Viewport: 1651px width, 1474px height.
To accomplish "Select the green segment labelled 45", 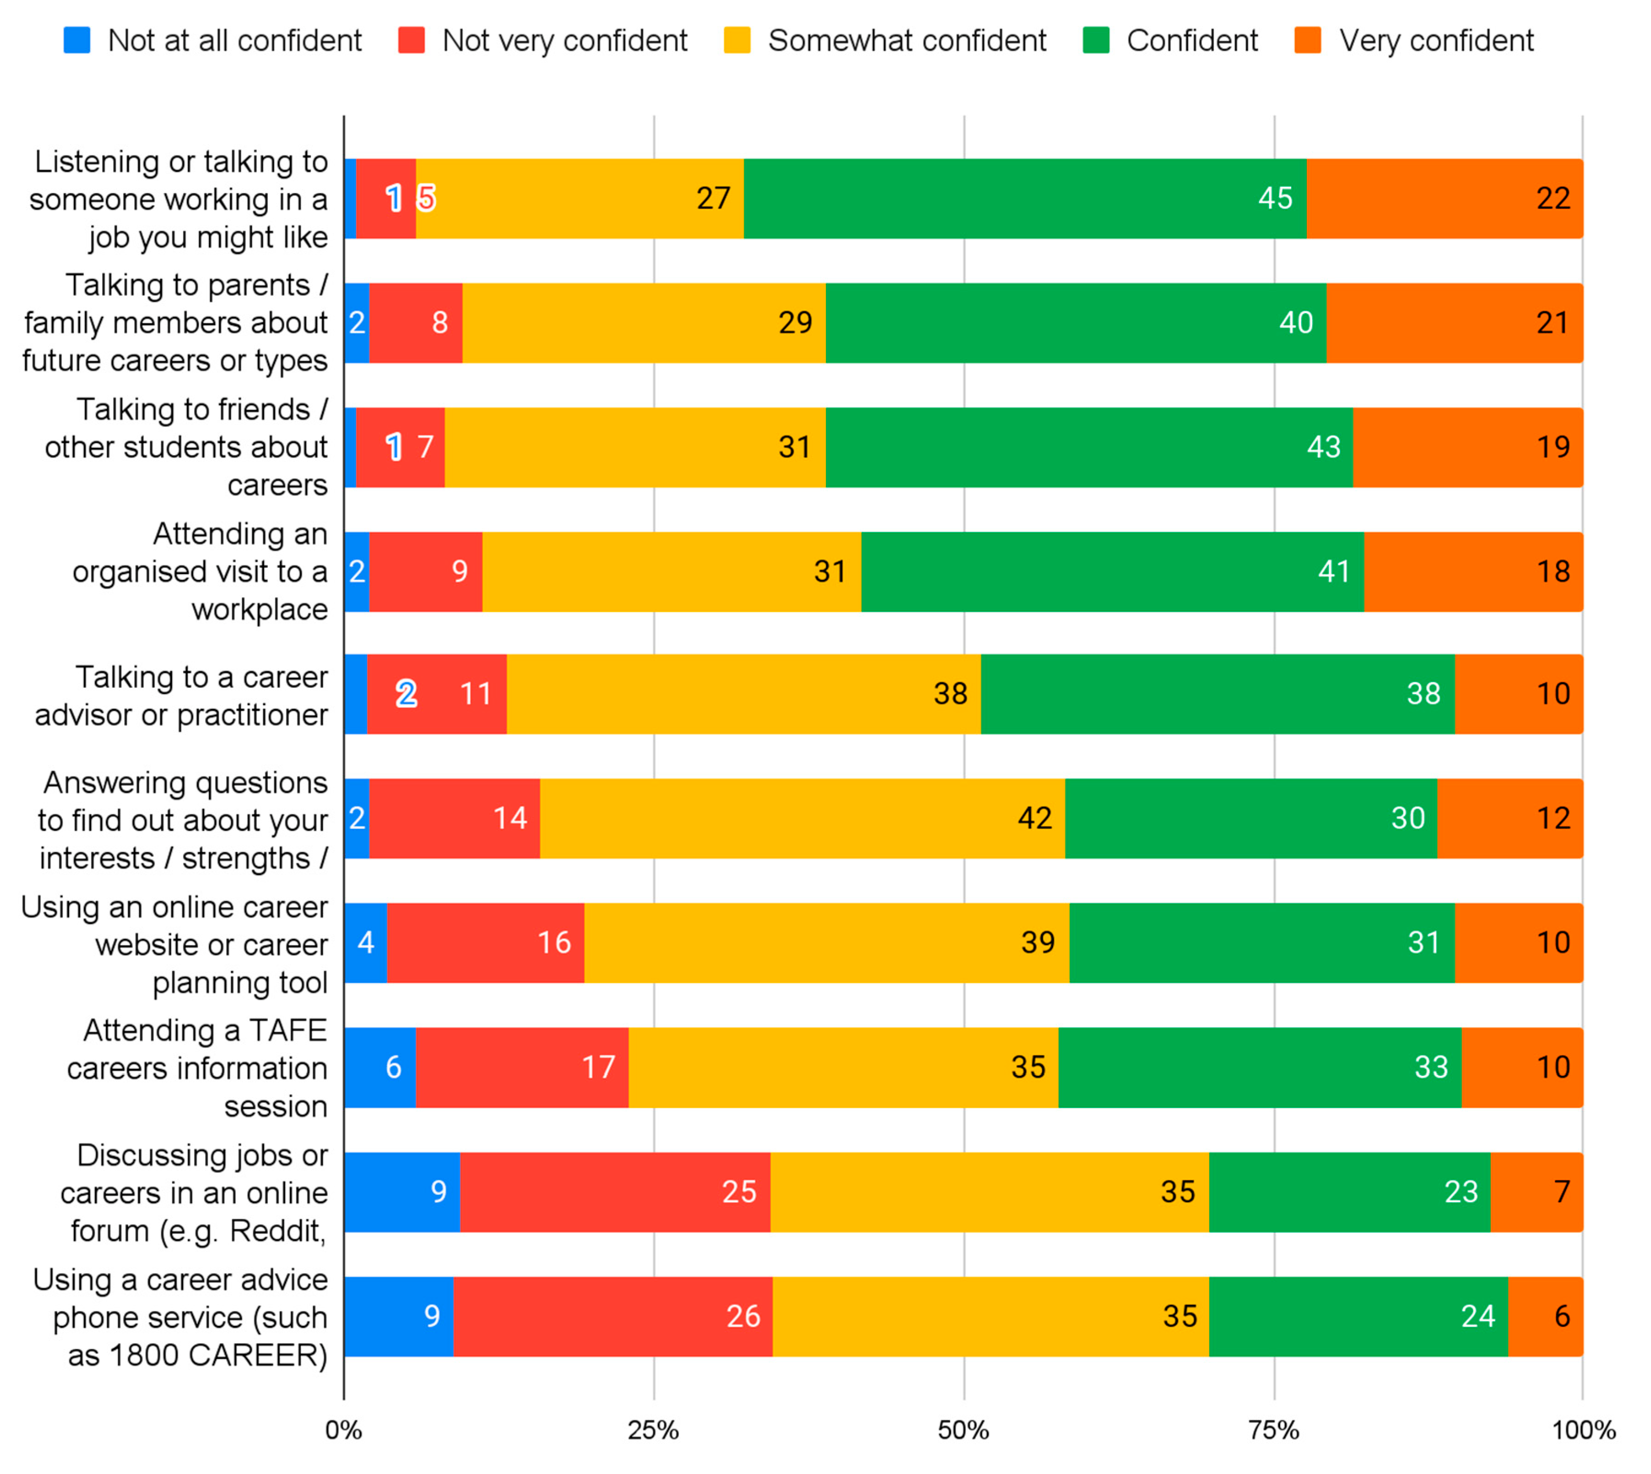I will click(1024, 199).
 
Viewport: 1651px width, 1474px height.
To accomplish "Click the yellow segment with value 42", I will click(802, 818).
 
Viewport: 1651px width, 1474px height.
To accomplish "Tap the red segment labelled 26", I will click(612, 1316).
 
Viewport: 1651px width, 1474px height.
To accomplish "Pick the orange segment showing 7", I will click(1536, 1191).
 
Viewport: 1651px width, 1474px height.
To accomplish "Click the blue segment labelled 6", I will click(380, 1067).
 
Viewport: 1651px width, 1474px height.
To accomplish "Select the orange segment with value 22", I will click(1444, 199).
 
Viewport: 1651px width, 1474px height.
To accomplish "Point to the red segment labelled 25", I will click(615, 1191).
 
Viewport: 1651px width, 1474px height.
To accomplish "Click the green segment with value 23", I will click(1349, 1191).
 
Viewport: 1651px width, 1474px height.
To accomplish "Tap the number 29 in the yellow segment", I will click(795, 322).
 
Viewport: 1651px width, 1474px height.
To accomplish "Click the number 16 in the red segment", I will click(554, 942).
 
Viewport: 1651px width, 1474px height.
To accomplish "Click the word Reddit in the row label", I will click(277, 1230).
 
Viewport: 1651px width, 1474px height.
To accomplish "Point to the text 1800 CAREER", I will click(219, 1354).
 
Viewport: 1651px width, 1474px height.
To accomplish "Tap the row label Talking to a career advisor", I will click(182, 695).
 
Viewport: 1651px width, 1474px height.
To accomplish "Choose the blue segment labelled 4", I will click(365, 942).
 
